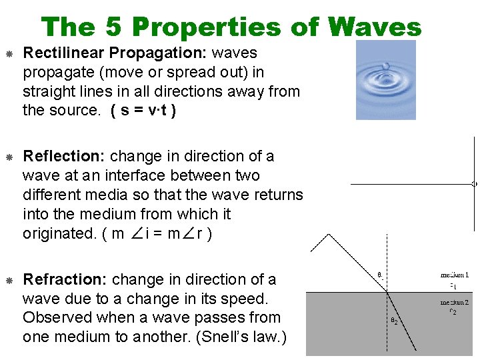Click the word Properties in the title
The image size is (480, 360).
pos(207,27)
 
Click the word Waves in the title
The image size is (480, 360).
pos(375,27)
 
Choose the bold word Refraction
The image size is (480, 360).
pos(65,279)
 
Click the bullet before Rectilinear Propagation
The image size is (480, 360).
pos(9,53)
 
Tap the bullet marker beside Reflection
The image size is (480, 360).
pos(9,157)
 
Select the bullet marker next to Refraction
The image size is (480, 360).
pos(9,280)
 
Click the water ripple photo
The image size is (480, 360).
pos(385,80)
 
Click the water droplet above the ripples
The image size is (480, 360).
pos(385,65)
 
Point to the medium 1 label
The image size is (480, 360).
pos(454,274)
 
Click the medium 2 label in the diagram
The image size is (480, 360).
pos(454,301)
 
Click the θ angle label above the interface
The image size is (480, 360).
pos(379,274)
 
